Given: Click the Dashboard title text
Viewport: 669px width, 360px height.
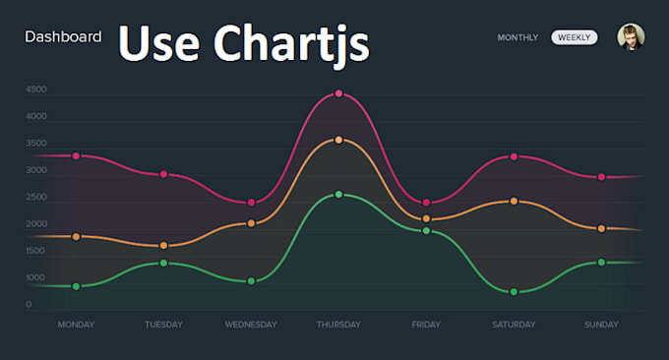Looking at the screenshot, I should [x=63, y=37].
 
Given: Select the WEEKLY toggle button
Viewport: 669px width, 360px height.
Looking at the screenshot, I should [x=575, y=37].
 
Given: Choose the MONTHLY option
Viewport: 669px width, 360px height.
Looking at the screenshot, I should [x=517, y=37].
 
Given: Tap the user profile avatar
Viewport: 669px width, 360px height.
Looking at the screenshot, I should [x=631, y=37].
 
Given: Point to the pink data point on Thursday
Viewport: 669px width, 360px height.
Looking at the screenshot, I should [x=338, y=94].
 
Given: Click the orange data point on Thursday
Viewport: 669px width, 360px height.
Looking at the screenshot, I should [x=338, y=140].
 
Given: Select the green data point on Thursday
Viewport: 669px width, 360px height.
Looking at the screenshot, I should [x=338, y=195].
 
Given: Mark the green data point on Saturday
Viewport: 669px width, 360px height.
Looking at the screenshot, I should [x=514, y=292].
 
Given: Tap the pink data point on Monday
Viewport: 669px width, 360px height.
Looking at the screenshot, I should [x=76, y=156].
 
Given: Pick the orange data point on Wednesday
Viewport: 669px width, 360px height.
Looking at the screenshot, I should [x=251, y=223].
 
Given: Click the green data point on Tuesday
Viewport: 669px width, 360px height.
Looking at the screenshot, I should [x=163, y=263].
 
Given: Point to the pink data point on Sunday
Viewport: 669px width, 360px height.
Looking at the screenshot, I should [x=601, y=177].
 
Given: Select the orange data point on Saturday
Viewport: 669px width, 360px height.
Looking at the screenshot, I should [x=514, y=202].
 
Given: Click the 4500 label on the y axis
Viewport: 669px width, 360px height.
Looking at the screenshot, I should [x=36, y=90].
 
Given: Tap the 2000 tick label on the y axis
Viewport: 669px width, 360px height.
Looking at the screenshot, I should [x=36, y=224].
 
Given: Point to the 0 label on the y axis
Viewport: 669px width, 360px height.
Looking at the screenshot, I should [x=29, y=305].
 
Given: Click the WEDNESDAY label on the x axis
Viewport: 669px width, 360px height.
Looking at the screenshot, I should [x=251, y=325].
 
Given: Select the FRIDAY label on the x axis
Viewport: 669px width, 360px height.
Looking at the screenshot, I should [x=426, y=325].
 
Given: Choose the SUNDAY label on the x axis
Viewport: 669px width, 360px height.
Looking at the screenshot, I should [x=601, y=325].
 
